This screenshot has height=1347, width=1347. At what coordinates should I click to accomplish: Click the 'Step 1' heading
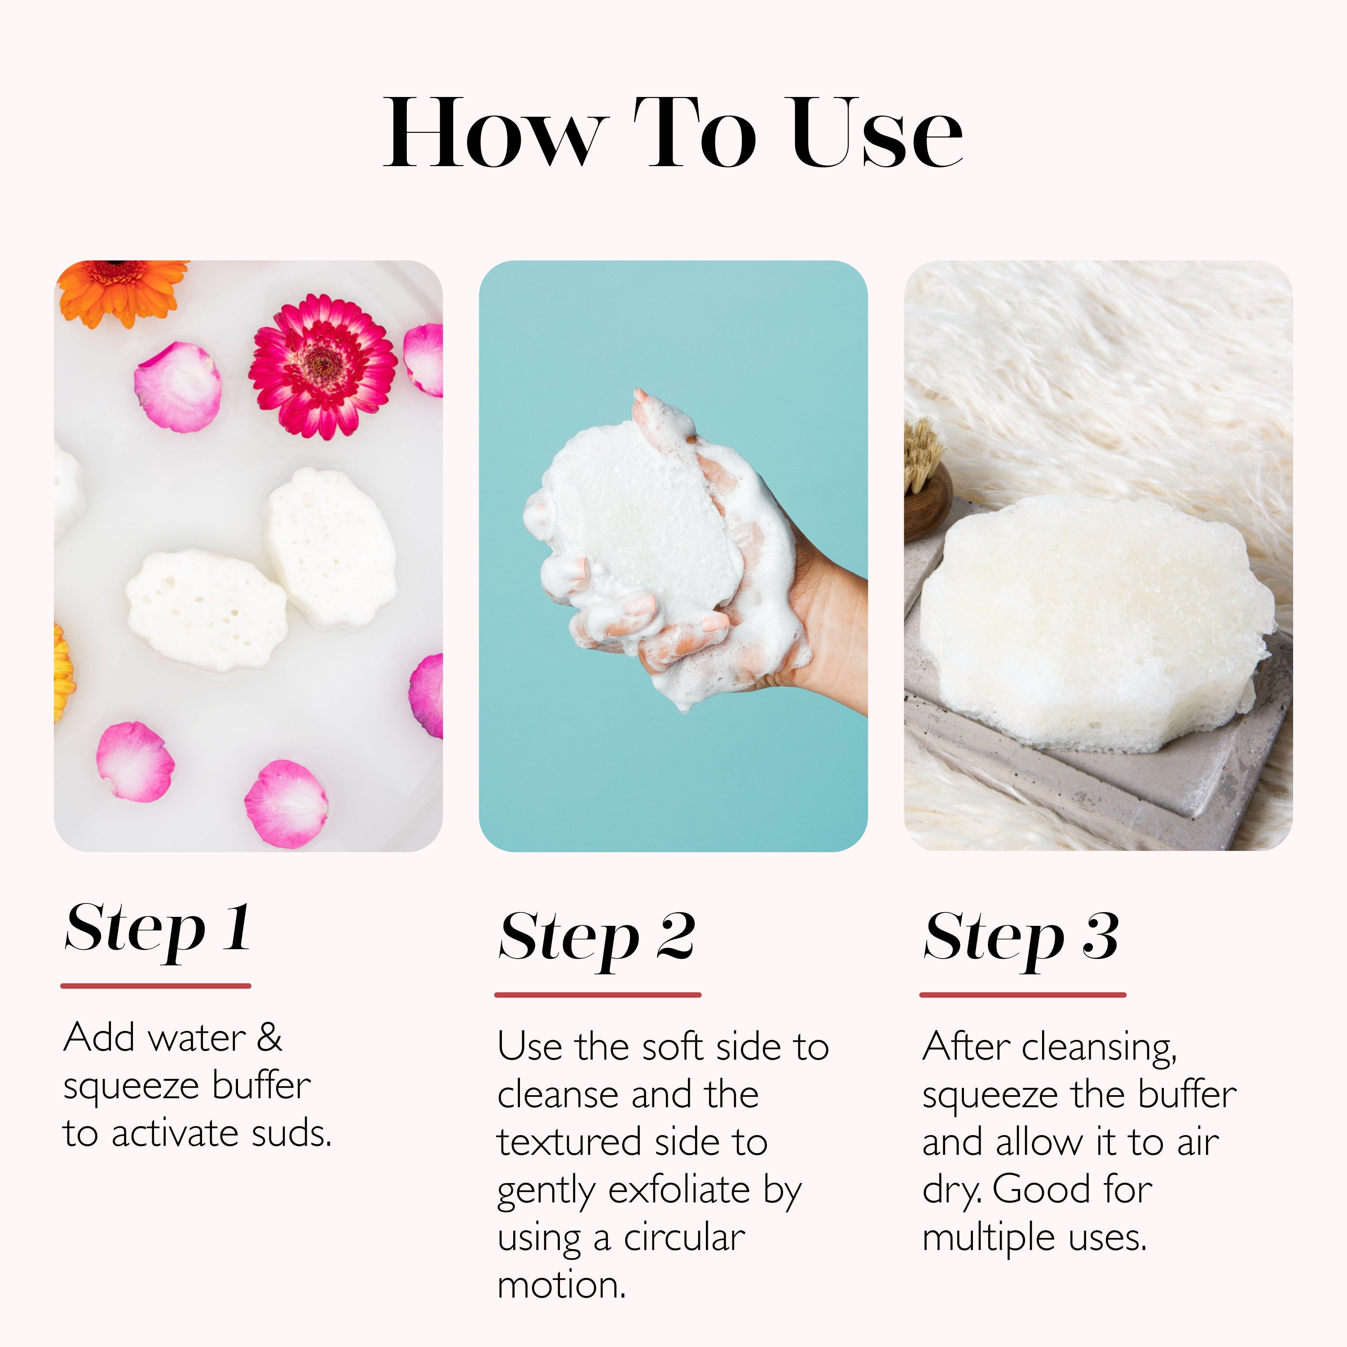[157, 929]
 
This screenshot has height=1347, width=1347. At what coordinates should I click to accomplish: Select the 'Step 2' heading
[597, 938]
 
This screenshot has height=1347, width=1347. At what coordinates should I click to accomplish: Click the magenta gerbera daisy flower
[322, 366]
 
